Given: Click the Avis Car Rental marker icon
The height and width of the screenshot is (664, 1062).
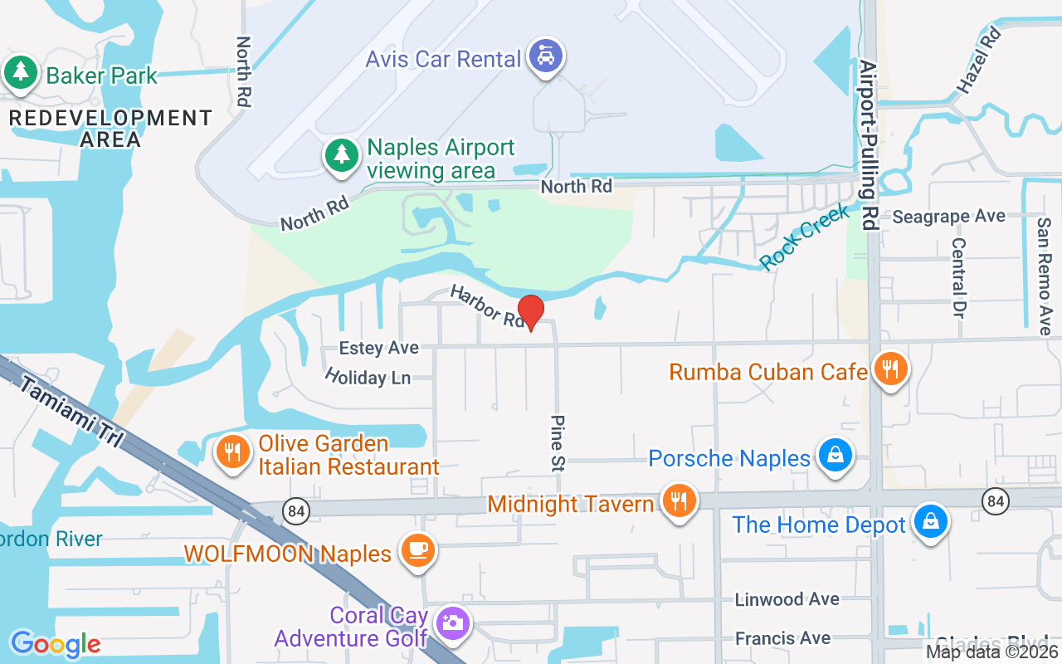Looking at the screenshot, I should tap(546, 56).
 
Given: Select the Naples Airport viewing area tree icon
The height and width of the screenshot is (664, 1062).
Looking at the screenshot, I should tap(340, 154).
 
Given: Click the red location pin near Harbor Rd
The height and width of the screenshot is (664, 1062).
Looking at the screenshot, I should tap(530, 312).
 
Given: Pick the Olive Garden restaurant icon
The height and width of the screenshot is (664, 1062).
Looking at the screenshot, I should tap(233, 452).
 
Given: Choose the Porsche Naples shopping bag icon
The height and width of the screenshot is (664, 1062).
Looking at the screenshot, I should tap(835, 455).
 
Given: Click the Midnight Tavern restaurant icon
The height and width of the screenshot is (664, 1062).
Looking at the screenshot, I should tap(680, 500).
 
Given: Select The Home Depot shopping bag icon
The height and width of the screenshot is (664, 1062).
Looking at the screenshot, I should tap(931, 522).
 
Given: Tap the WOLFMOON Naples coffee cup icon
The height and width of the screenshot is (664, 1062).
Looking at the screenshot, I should tap(417, 550).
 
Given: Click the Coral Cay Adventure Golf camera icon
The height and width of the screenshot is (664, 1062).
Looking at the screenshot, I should tap(452, 623).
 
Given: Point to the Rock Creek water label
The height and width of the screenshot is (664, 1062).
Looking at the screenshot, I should tap(805, 237).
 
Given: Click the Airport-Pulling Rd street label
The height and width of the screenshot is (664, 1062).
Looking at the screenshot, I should tap(869, 144).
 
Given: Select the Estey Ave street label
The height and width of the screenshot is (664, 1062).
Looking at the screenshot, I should tap(379, 348).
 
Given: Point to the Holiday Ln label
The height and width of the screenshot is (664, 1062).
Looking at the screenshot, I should tap(368, 376).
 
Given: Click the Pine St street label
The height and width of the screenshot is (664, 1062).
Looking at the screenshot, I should tap(557, 444).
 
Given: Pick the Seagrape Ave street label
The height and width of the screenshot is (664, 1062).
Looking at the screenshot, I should tap(948, 217).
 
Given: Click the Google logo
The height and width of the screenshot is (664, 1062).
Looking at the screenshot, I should tap(55, 643).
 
